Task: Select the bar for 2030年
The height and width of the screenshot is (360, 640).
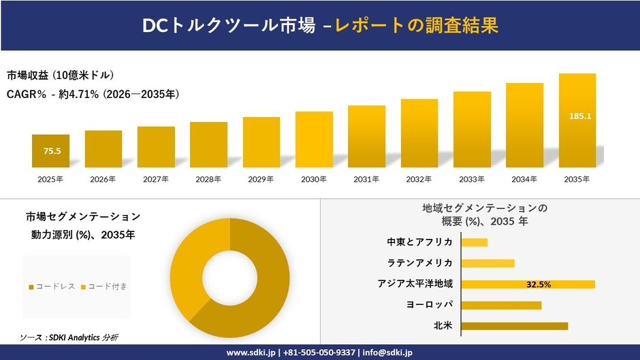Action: [314, 140]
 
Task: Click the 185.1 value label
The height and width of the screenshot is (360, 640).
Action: [579, 116]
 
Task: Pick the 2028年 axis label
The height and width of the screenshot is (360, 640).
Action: [208, 179]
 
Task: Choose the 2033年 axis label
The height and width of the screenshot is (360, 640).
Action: [472, 179]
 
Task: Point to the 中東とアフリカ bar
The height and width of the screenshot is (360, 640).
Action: [475, 242]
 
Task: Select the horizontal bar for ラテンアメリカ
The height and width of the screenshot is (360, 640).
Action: [487, 263]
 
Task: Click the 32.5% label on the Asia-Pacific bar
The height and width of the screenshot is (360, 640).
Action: [539, 284]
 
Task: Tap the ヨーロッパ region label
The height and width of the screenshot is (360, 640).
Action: [429, 304]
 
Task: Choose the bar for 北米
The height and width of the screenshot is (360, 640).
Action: [514, 325]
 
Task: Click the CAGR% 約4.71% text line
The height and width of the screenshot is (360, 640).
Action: [93, 94]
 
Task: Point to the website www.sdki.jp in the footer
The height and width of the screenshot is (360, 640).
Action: [251, 353]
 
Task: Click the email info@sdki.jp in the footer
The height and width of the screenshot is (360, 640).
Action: [387, 353]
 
